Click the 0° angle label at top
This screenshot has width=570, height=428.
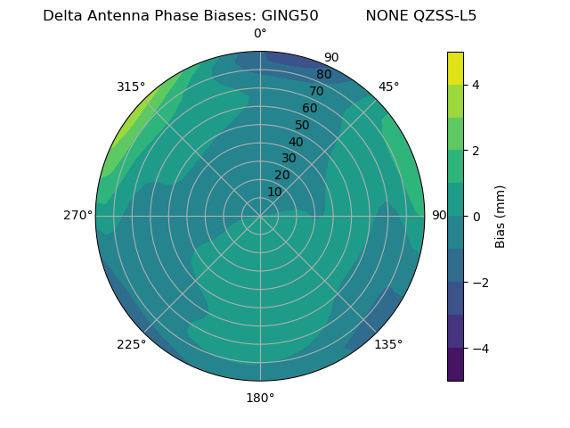(x=260, y=34)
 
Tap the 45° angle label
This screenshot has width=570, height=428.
(x=389, y=86)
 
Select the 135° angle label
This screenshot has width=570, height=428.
(x=388, y=345)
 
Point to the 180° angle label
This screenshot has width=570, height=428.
(x=260, y=398)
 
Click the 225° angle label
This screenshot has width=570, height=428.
(x=131, y=345)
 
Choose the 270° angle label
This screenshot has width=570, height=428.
(x=77, y=216)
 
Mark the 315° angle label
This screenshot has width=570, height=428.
(x=131, y=86)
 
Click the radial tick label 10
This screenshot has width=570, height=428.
(x=274, y=192)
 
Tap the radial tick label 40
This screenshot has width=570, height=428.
(x=296, y=143)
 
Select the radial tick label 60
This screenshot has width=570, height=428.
(x=310, y=109)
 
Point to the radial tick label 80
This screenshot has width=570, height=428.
(x=324, y=75)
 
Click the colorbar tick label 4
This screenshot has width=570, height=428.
(x=476, y=85)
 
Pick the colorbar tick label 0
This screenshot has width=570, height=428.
(x=476, y=217)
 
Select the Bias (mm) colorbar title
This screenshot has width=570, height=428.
(x=501, y=217)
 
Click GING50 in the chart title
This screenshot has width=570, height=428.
(x=289, y=16)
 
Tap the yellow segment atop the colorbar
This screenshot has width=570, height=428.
(x=455, y=69)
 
